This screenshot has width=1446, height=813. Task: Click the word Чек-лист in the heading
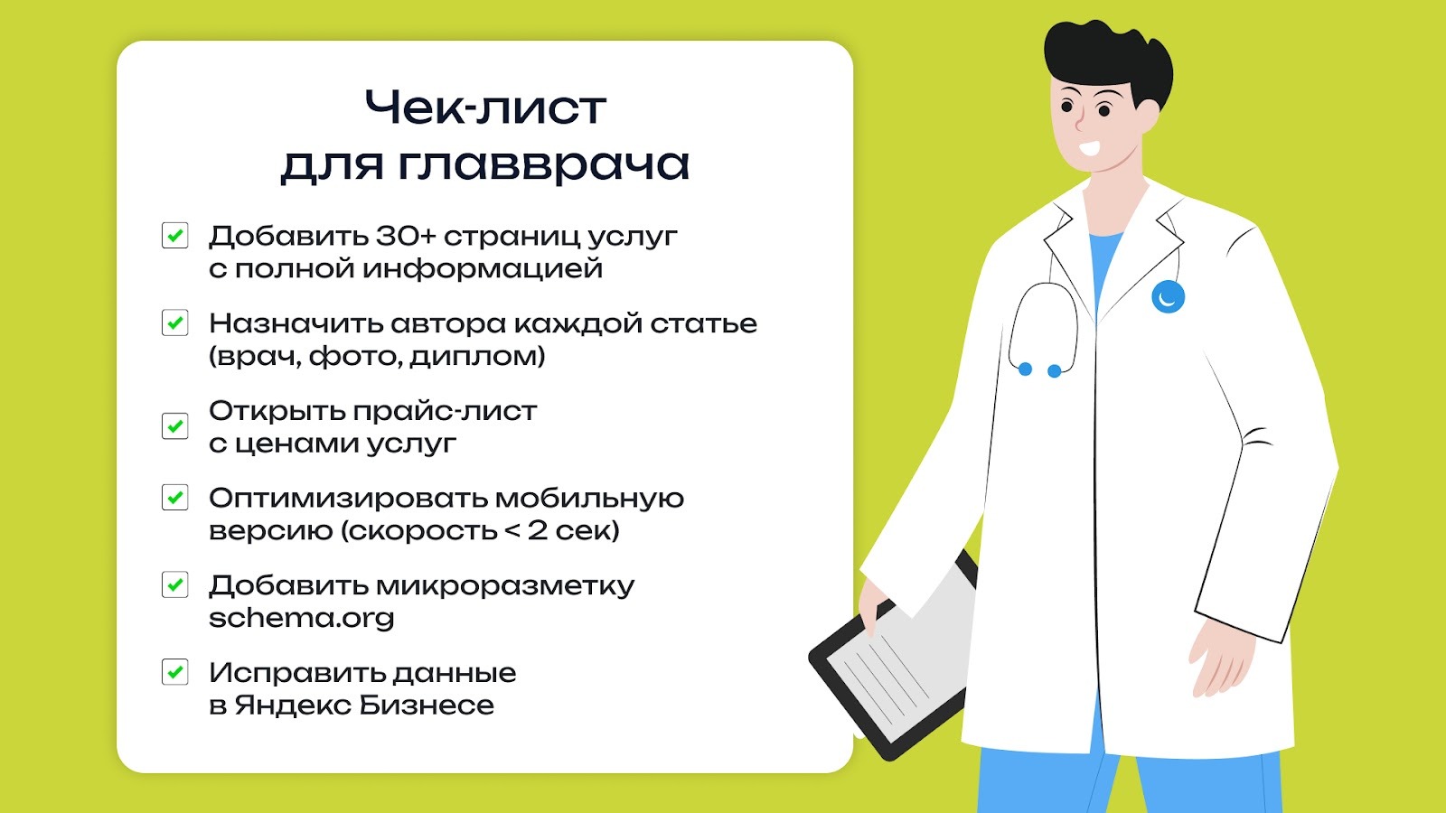coord(484,108)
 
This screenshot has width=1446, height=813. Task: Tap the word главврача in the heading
coord(543,165)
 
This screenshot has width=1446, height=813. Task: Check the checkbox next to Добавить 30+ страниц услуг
coord(174,236)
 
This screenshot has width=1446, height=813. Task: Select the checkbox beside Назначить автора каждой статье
coord(174,322)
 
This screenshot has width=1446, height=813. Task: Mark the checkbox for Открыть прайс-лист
coord(174,425)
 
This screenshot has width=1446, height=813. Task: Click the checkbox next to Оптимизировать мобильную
coord(174,498)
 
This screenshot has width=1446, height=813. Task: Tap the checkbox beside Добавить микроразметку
coord(174,584)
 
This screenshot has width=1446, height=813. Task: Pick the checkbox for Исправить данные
coord(174,672)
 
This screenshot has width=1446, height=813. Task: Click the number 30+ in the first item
coord(406,236)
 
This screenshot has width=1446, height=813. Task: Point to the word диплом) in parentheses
coord(477,357)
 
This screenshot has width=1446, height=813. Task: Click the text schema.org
coord(301,619)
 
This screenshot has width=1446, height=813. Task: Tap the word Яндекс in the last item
coord(293,706)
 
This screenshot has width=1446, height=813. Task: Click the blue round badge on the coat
coord(1168,296)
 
